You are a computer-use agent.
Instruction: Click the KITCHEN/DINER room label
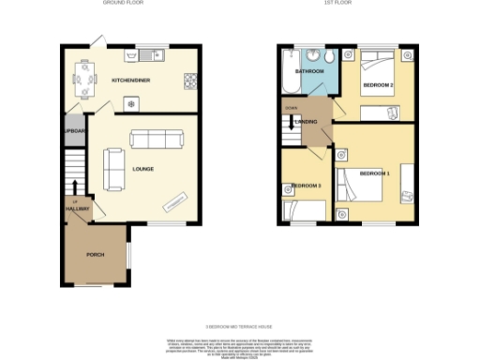(132, 81)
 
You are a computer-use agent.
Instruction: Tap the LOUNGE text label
(143, 170)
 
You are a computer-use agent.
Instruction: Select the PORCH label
(95, 255)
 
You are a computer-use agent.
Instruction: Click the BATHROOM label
(309, 71)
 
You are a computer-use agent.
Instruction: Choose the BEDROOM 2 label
(379, 86)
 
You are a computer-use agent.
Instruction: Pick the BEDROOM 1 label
(374, 173)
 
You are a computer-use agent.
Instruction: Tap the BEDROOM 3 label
(307, 186)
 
